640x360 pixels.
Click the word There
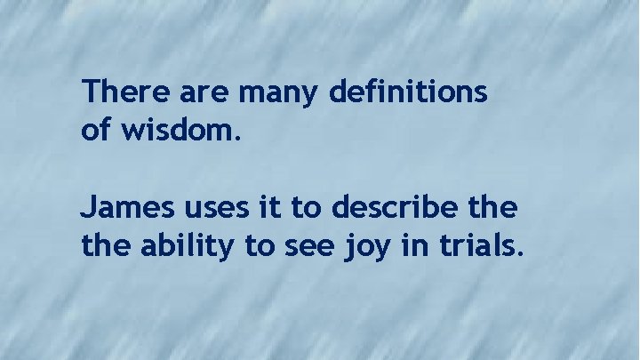pos(119,92)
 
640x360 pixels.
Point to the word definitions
pos(409,92)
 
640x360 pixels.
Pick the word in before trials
pos(414,247)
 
